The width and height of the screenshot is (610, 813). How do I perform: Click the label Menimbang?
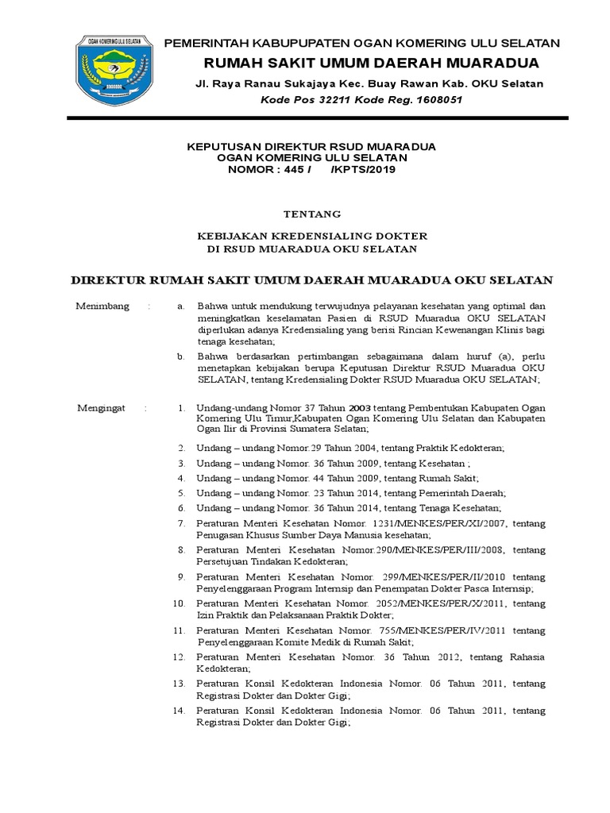(x=102, y=306)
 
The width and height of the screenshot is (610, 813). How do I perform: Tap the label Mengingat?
(x=101, y=408)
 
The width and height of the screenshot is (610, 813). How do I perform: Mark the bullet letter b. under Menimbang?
(x=181, y=357)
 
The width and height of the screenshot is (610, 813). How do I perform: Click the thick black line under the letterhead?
(x=318, y=118)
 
